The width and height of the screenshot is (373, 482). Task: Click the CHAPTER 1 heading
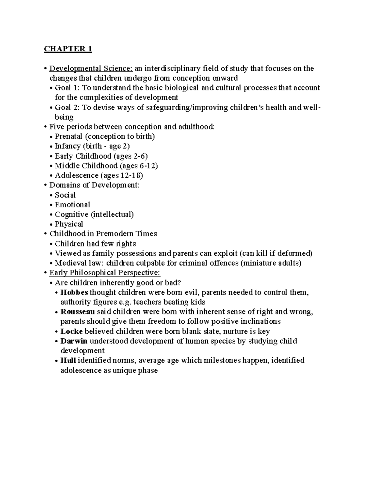(68, 49)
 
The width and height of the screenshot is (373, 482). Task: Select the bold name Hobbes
(74, 292)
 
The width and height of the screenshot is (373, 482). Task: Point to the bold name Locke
(71, 331)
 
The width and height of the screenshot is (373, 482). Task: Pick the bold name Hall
(68, 360)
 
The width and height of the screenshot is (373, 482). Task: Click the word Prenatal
(68, 136)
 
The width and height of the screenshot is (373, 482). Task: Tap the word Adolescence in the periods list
(76, 175)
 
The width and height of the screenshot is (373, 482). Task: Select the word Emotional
(72, 205)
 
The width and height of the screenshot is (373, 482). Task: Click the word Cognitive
(71, 214)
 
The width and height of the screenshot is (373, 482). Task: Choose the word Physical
(69, 224)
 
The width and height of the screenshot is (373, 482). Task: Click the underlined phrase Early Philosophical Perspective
(105, 273)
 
